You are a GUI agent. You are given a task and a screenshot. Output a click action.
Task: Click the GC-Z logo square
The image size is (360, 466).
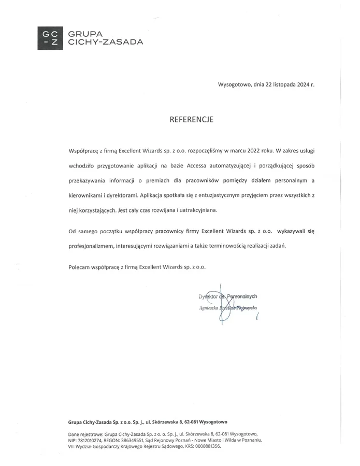50,38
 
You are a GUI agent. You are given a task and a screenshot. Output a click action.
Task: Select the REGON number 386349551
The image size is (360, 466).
135,439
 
